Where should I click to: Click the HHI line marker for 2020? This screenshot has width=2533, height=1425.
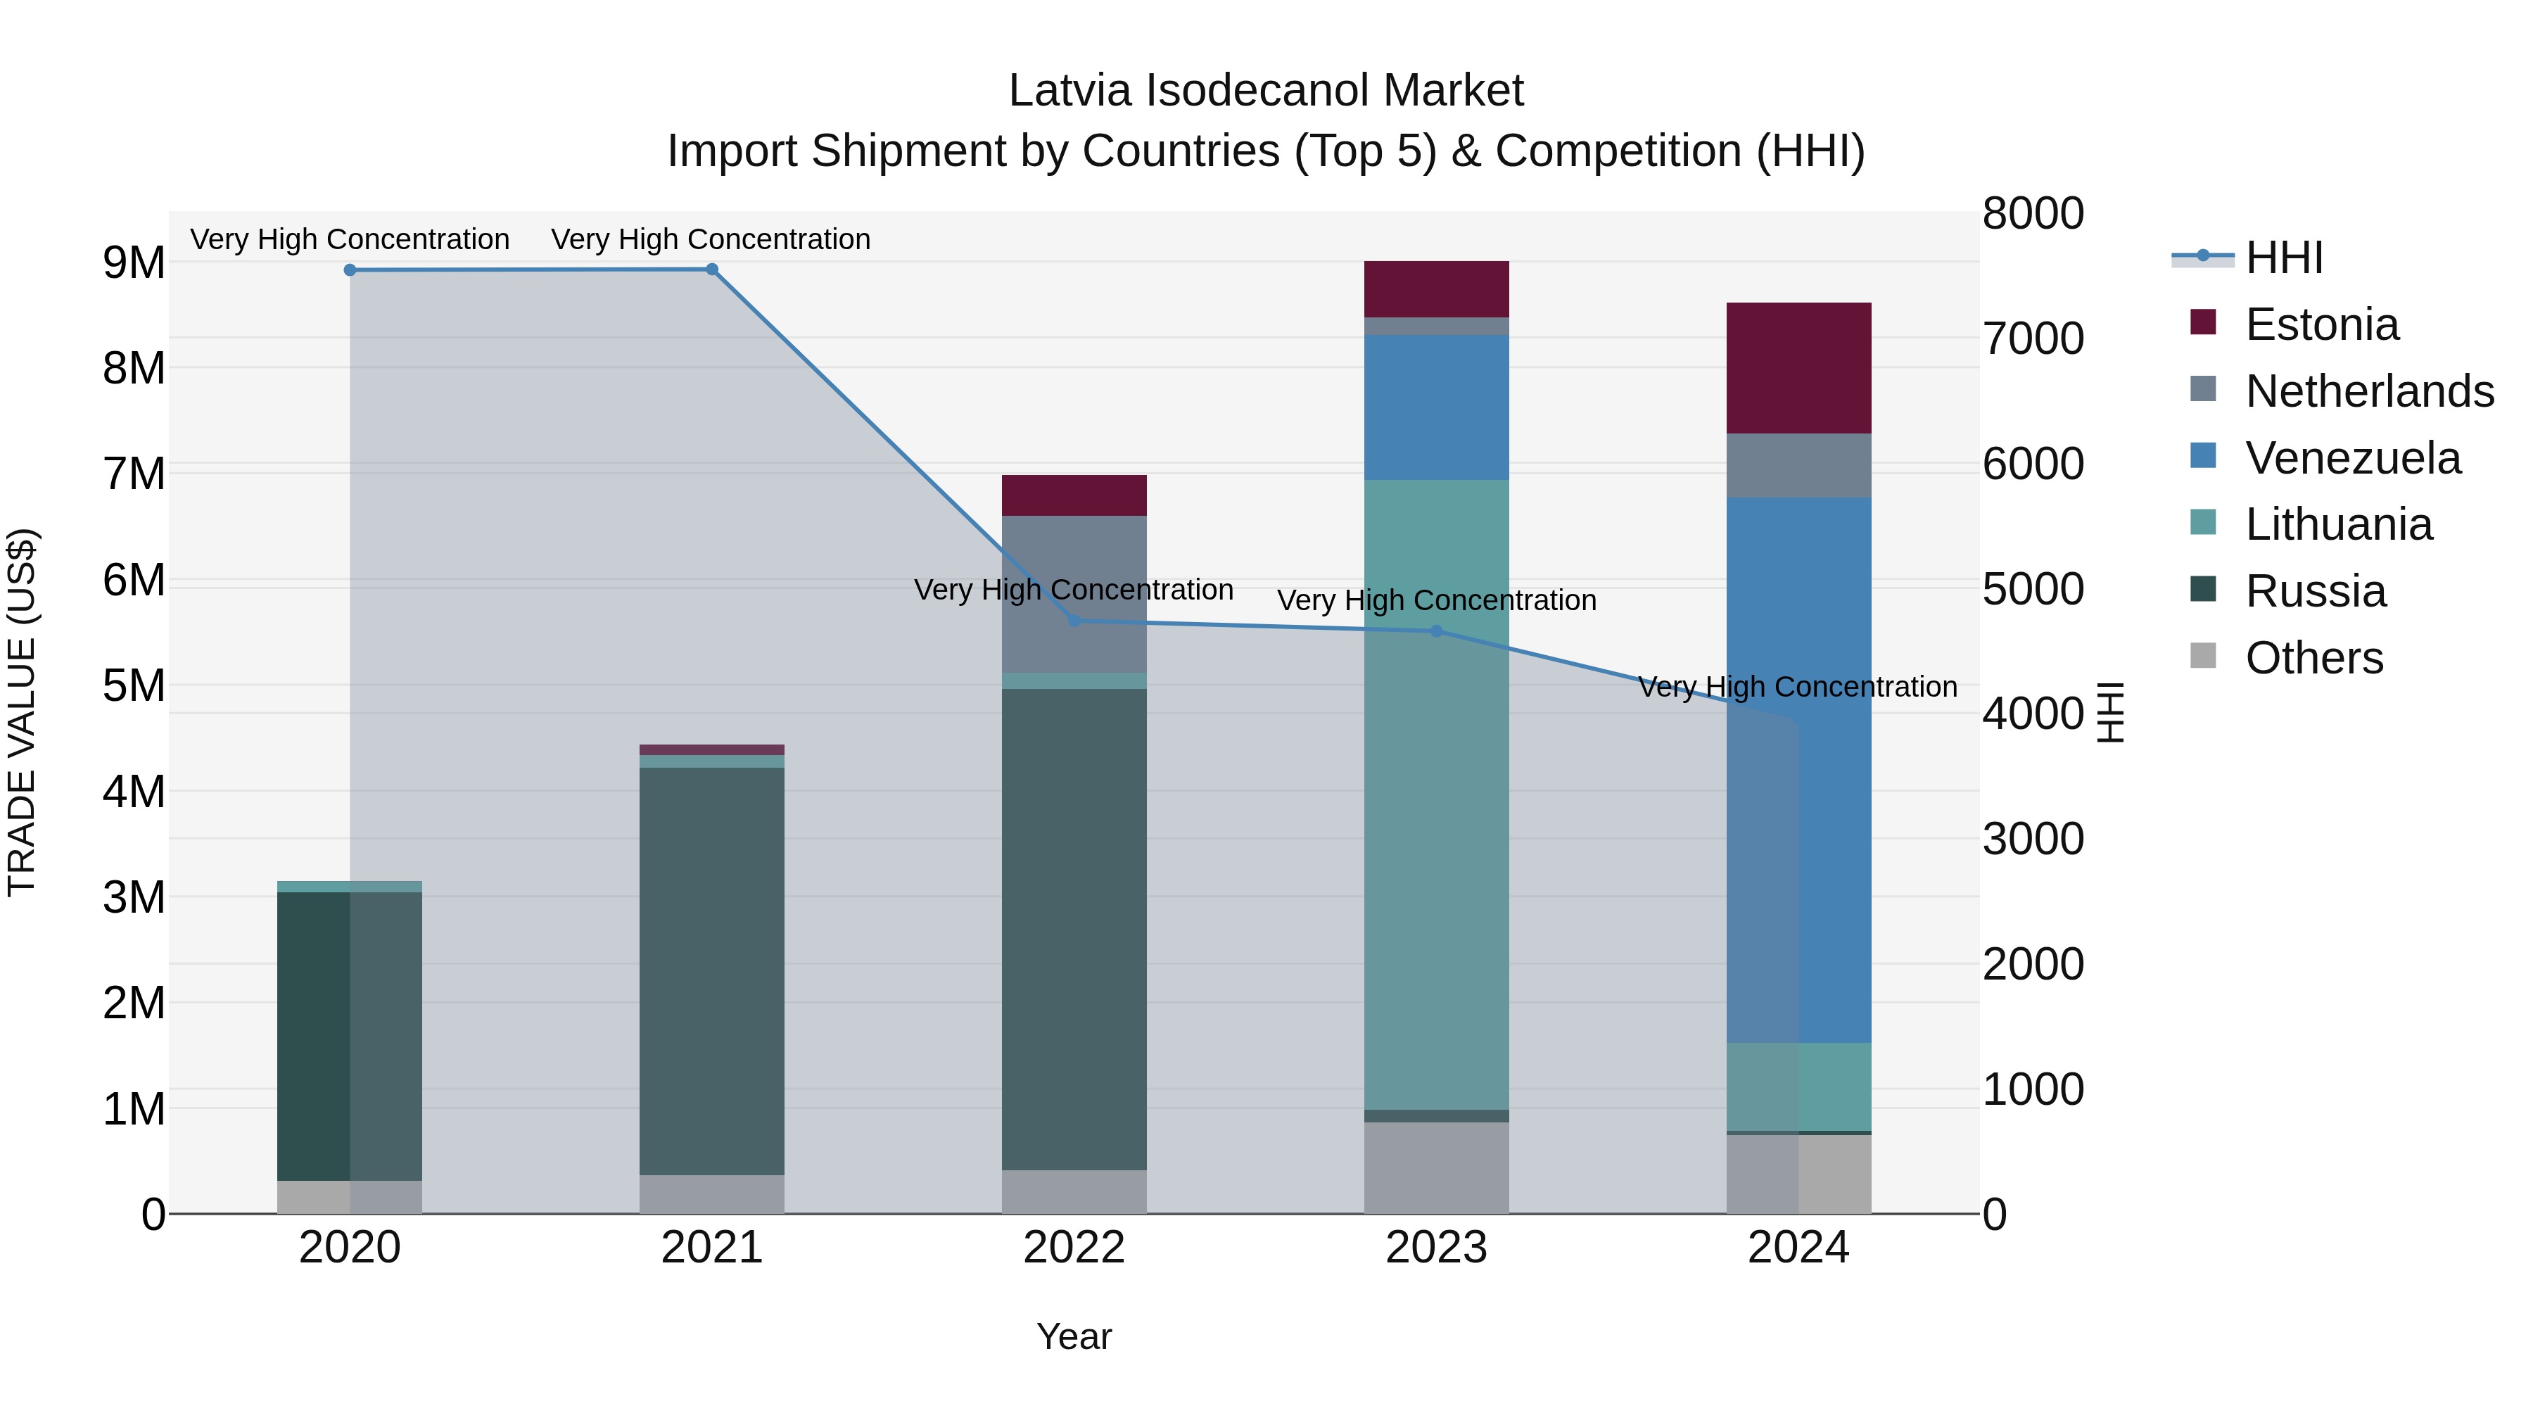[x=350, y=270]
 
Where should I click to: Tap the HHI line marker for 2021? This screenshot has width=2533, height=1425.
[x=712, y=270]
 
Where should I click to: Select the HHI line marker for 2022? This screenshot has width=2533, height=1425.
[x=1074, y=621]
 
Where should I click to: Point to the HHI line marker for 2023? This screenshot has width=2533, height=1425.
[x=1437, y=631]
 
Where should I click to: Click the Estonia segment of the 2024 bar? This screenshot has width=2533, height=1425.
[x=1798, y=368]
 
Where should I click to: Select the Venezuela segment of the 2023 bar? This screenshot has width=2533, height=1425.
[x=1437, y=407]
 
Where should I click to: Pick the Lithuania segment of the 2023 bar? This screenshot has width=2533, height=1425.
[x=1437, y=794]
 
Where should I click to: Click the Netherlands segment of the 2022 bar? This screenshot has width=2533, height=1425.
[x=1074, y=594]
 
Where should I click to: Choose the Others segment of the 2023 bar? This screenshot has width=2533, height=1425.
[x=1437, y=1167]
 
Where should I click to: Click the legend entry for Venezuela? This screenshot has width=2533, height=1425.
[x=2352, y=458]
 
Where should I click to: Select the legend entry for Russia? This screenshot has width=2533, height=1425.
[x=2315, y=591]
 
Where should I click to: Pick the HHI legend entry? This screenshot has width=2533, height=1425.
[x=2283, y=258]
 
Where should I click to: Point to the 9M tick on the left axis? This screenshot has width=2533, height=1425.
[x=134, y=262]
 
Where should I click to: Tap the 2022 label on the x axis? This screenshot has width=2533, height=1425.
[x=1074, y=1248]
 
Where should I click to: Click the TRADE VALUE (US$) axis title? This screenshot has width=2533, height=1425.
[x=22, y=712]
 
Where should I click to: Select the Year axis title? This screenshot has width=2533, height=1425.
[x=1074, y=1336]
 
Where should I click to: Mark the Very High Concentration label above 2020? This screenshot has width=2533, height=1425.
[x=350, y=239]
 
